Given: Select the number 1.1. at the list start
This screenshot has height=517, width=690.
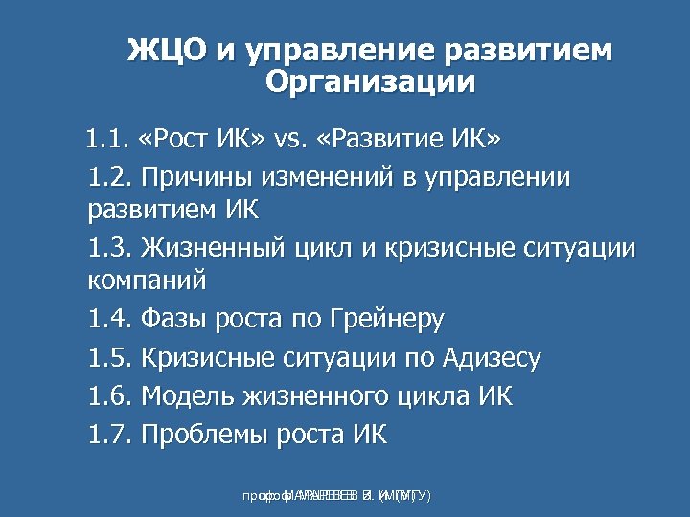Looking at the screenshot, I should (106, 141).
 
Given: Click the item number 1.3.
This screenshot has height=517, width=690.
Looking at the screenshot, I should (110, 249).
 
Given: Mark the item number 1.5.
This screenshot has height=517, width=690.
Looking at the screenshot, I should (110, 358).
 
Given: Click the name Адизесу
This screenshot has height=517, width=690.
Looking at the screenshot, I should (493, 359).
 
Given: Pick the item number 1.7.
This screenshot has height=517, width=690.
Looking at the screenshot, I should (110, 435).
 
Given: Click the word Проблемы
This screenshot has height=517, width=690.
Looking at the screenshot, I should (204, 436).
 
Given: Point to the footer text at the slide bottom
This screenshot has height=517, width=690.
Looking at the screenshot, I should (336, 496).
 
